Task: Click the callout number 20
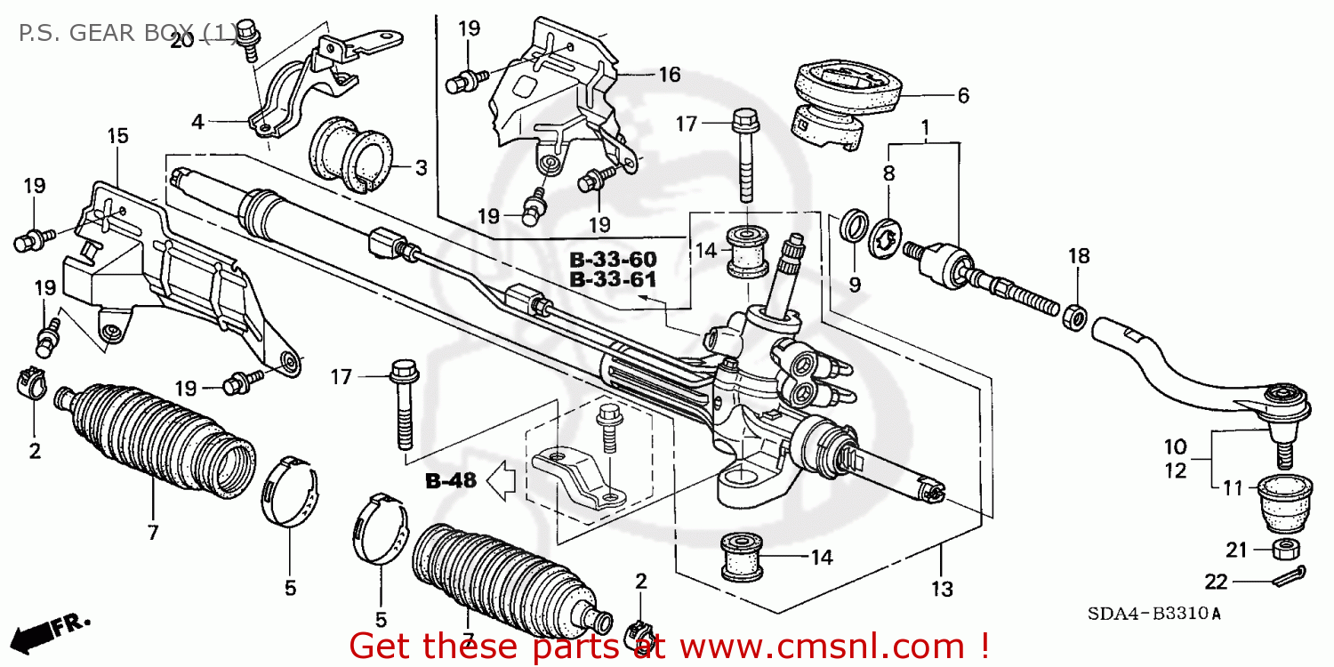click(181, 40)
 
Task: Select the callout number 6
click(962, 95)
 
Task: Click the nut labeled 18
click(1073, 315)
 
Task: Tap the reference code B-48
click(451, 481)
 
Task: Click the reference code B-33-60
click(613, 260)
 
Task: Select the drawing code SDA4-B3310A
click(1153, 614)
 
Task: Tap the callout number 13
click(942, 588)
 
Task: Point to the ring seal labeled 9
click(855, 225)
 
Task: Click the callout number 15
click(117, 136)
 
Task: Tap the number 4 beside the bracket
click(197, 122)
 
